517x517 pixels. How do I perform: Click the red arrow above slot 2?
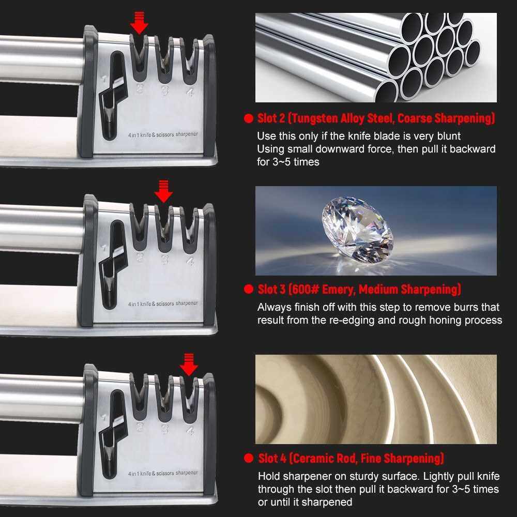139,23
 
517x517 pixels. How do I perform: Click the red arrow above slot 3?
163,191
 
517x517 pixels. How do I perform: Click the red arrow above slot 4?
189,364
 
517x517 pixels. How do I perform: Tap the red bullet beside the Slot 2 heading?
249,118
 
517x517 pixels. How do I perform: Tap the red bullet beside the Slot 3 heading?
249,289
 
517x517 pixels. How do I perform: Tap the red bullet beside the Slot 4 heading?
249,458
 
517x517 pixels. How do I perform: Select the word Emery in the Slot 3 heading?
339,290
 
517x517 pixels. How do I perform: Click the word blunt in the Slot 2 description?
449,136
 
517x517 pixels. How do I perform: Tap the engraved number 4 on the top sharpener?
190,92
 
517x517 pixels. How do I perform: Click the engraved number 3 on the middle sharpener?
165,260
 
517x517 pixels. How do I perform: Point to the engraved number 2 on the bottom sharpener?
140,428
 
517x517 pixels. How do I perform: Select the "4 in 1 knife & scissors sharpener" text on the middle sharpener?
163,303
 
